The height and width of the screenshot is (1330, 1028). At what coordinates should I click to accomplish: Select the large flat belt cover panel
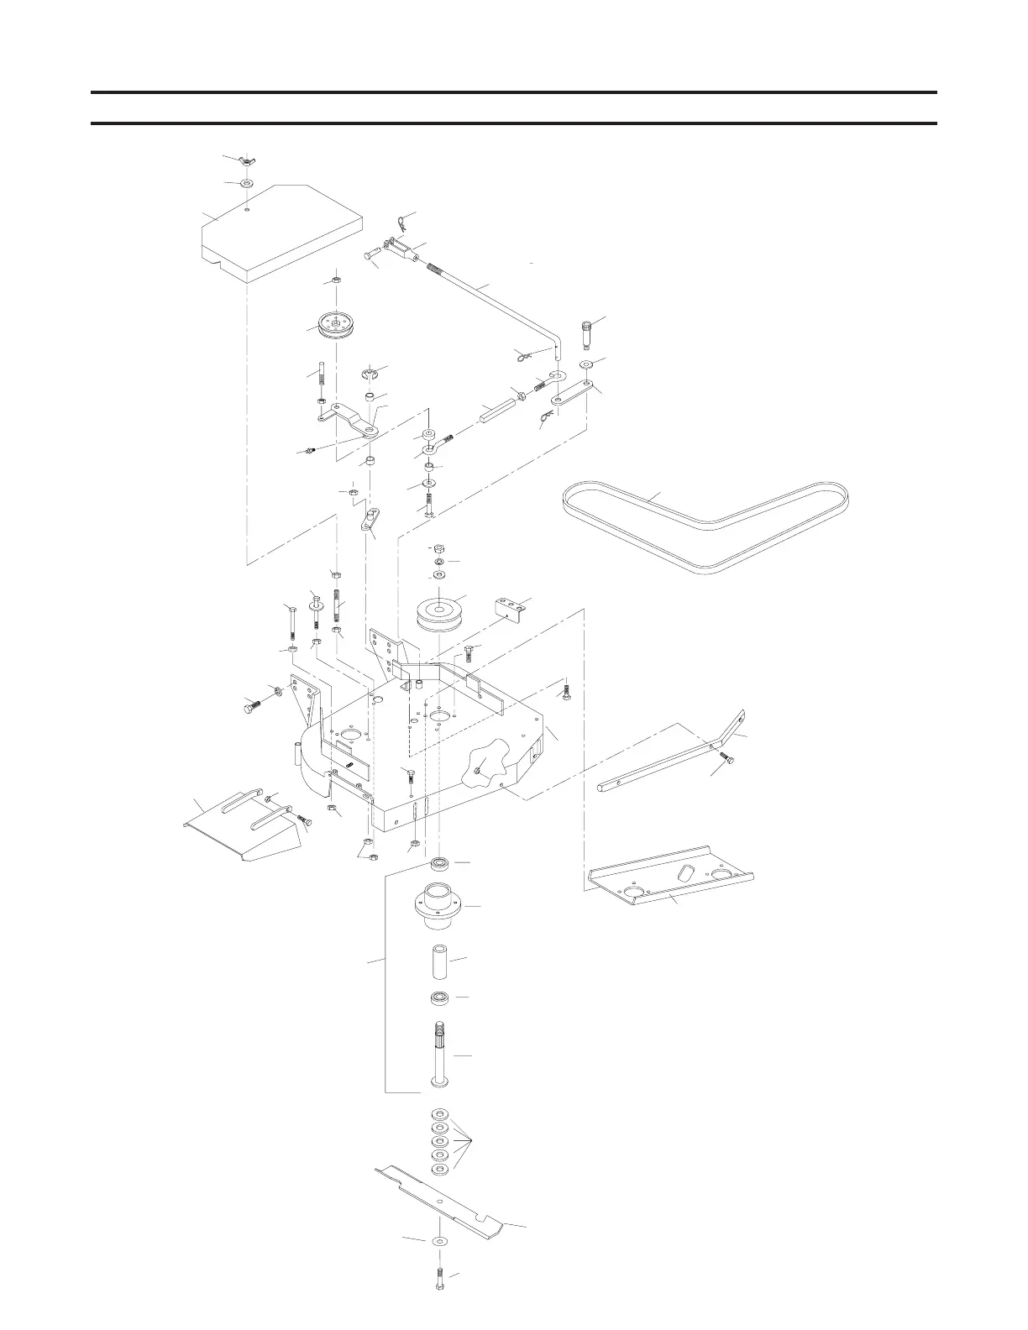[281, 231]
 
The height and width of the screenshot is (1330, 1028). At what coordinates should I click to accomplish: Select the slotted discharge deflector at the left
[244, 827]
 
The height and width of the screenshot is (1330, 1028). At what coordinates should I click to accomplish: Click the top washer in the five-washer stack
[439, 1115]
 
